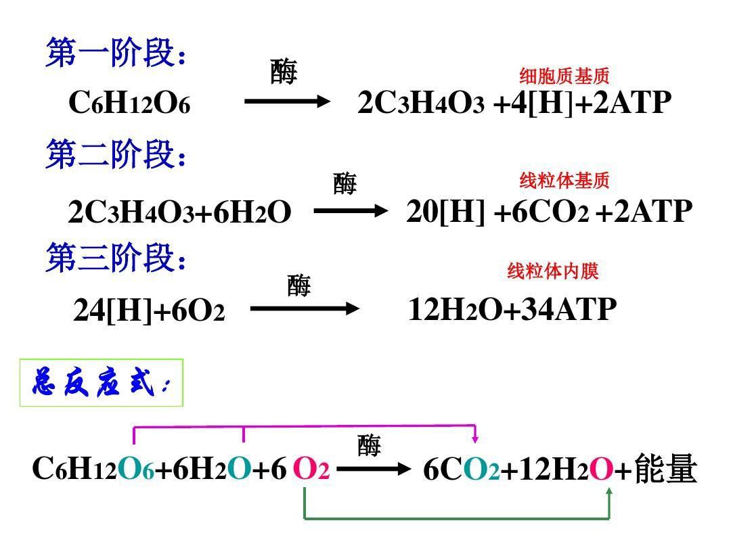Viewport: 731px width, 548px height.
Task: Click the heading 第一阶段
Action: [x=116, y=53]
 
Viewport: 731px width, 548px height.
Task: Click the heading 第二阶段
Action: [x=116, y=154]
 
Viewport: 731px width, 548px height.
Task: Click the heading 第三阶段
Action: [x=116, y=257]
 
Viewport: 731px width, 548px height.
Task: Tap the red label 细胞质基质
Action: [x=564, y=76]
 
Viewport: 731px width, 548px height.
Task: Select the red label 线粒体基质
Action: [x=564, y=180]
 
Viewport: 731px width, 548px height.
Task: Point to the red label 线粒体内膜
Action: [x=553, y=271]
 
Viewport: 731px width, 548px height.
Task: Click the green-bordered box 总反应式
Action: [x=101, y=382]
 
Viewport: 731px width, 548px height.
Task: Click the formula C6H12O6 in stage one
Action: [x=129, y=103]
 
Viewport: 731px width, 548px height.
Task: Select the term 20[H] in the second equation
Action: [x=445, y=212]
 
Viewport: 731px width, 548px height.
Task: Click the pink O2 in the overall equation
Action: [x=311, y=469]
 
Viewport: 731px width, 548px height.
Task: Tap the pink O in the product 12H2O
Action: [x=602, y=469]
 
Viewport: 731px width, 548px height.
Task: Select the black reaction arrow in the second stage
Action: [x=351, y=211]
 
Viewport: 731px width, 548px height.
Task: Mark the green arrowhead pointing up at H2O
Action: [x=609, y=492]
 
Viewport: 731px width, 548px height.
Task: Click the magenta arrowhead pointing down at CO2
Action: [x=475, y=438]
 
